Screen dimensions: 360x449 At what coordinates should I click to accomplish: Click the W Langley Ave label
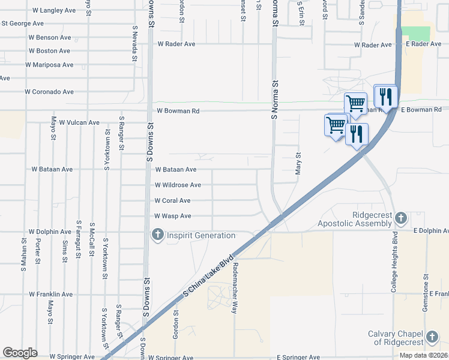point(54,10)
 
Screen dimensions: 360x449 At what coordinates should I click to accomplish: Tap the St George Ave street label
point(23,23)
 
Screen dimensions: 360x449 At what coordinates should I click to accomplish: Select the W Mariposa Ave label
point(49,65)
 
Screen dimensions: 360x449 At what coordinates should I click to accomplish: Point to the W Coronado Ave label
point(49,92)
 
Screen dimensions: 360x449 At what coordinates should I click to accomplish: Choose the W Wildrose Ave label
point(178,185)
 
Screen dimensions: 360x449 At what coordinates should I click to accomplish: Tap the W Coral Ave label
point(172,201)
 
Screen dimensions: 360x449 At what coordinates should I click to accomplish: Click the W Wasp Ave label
point(172,216)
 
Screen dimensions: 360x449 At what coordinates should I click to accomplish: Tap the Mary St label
point(298,163)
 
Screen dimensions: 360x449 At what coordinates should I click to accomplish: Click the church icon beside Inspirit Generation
point(158,234)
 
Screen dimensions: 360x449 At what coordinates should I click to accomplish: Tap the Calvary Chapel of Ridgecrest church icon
point(433,336)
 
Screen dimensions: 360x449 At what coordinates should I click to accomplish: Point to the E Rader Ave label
point(423,44)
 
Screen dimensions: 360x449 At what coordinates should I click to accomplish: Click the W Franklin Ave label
point(50,295)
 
